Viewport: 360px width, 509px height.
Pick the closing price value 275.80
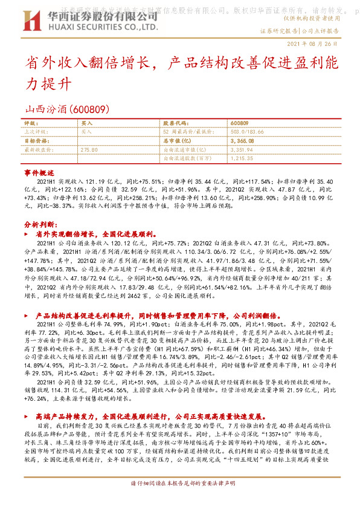[x=89, y=149]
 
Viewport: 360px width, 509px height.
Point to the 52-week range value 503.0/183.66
[x=248, y=131]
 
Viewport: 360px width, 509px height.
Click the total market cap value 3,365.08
[x=242, y=140]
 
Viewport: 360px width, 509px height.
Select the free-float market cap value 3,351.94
[x=242, y=149]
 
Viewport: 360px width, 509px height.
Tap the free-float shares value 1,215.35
[x=242, y=157]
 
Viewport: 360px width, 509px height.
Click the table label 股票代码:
[x=176, y=123]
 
